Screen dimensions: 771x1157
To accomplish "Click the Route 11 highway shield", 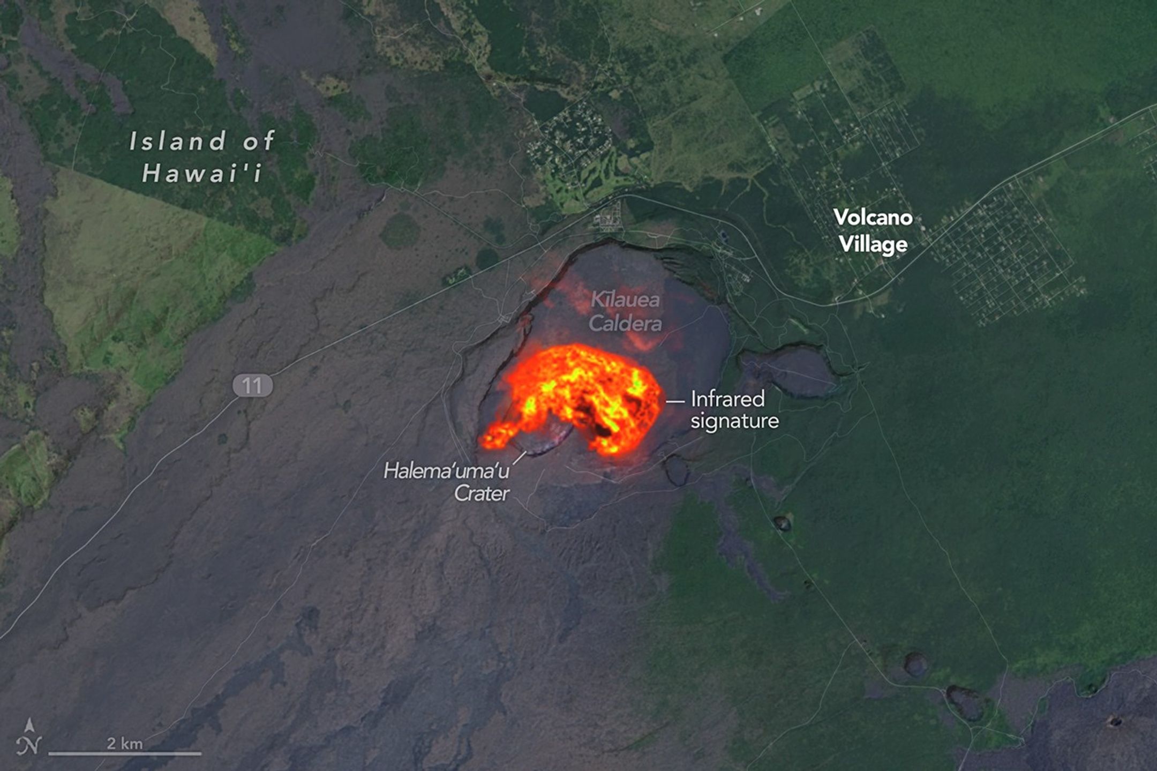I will click(252, 386).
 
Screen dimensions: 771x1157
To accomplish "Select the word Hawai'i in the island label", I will click(202, 173).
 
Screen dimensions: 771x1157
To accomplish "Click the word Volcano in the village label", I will click(873, 218).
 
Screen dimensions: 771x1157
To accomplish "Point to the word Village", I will click(873, 244).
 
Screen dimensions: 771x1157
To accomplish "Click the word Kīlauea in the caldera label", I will click(625, 300).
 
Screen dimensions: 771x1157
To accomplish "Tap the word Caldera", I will click(625, 324).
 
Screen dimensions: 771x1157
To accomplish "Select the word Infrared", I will click(727, 399).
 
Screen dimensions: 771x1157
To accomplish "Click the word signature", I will click(734, 421).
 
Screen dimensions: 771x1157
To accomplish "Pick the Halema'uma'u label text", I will click(446, 471).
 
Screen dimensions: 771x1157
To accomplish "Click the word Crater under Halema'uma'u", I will click(482, 493).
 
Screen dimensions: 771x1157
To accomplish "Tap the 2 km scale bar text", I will click(124, 743).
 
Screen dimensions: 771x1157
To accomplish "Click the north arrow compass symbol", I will click(29, 738).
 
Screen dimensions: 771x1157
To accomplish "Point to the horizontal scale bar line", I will click(124, 753).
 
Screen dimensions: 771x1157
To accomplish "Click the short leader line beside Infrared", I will click(675, 401).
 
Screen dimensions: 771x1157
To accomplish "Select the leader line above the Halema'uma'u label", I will click(519, 458).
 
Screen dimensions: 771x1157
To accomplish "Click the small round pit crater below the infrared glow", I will click(676, 469).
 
